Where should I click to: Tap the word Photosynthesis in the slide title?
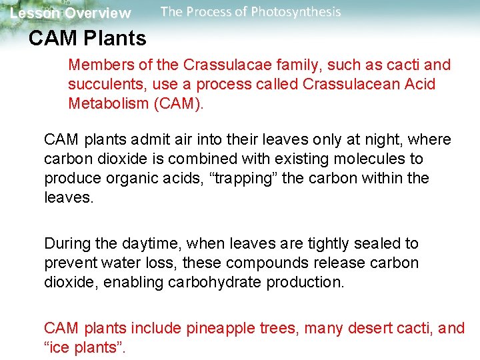(x=297, y=12)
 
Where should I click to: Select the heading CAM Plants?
(x=87, y=39)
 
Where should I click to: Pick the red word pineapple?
(x=218, y=328)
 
